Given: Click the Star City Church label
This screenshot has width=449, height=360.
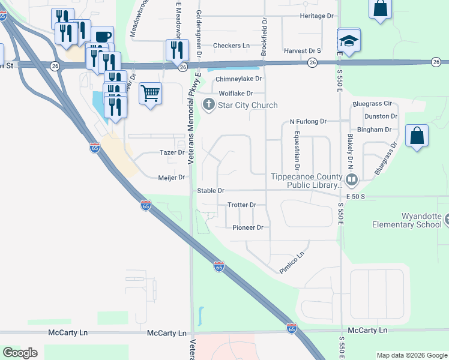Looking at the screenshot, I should (247, 106).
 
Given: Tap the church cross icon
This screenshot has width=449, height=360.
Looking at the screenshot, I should (209, 106).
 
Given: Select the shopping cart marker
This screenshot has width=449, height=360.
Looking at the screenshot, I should (149, 93).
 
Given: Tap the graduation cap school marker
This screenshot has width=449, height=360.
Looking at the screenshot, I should (349, 41).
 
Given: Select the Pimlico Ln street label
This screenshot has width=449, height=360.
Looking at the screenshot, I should (292, 263).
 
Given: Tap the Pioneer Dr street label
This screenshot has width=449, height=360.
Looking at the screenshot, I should (248, 227).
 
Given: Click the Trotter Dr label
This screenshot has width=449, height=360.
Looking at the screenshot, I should (242, 205).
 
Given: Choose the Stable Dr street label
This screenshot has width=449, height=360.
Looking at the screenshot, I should (211, 191).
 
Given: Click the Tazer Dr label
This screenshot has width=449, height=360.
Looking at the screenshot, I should (172, 152).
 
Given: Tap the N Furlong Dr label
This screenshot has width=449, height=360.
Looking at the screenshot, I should (308, 121).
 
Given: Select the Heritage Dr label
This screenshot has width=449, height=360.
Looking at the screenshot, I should (317, 16).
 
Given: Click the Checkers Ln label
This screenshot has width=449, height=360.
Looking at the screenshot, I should (231, 46).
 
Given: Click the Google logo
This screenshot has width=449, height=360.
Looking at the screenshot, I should (20, 353).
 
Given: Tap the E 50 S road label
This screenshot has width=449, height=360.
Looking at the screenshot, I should (356, 196).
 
